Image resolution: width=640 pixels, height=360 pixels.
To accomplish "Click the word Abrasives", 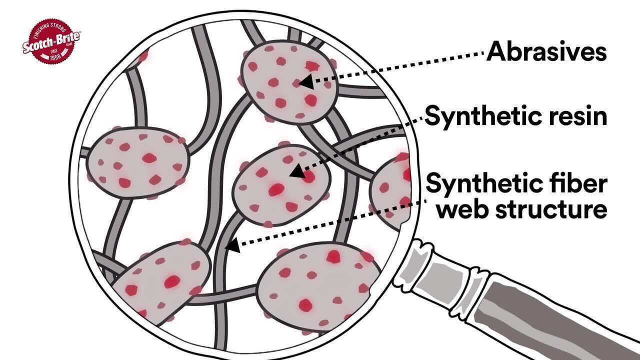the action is pos(546,51).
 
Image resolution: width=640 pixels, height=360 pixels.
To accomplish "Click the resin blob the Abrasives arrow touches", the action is pos(289,81).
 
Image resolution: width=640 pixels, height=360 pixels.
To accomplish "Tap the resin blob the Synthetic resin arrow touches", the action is pos(281,185).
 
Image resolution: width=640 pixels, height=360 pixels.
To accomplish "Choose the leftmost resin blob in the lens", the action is pos(137,163).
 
